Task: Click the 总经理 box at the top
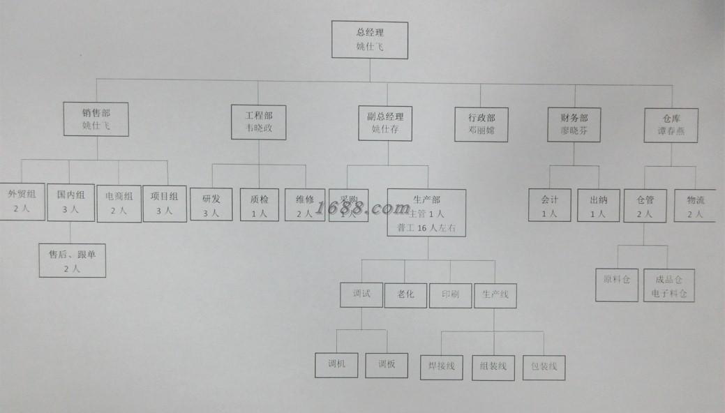[x=370, y=40]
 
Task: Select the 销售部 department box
[x=96, y=119]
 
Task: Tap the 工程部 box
[x=259, y=121]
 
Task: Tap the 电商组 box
[x=118, y=203]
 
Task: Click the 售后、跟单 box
[x=72, y=260]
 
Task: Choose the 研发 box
[x=211, y=204]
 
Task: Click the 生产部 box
[x=426, y=212]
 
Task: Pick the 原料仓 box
[x=617, y=285]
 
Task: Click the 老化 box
[x=405, y=294]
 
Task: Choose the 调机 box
[x=337, y=363]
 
